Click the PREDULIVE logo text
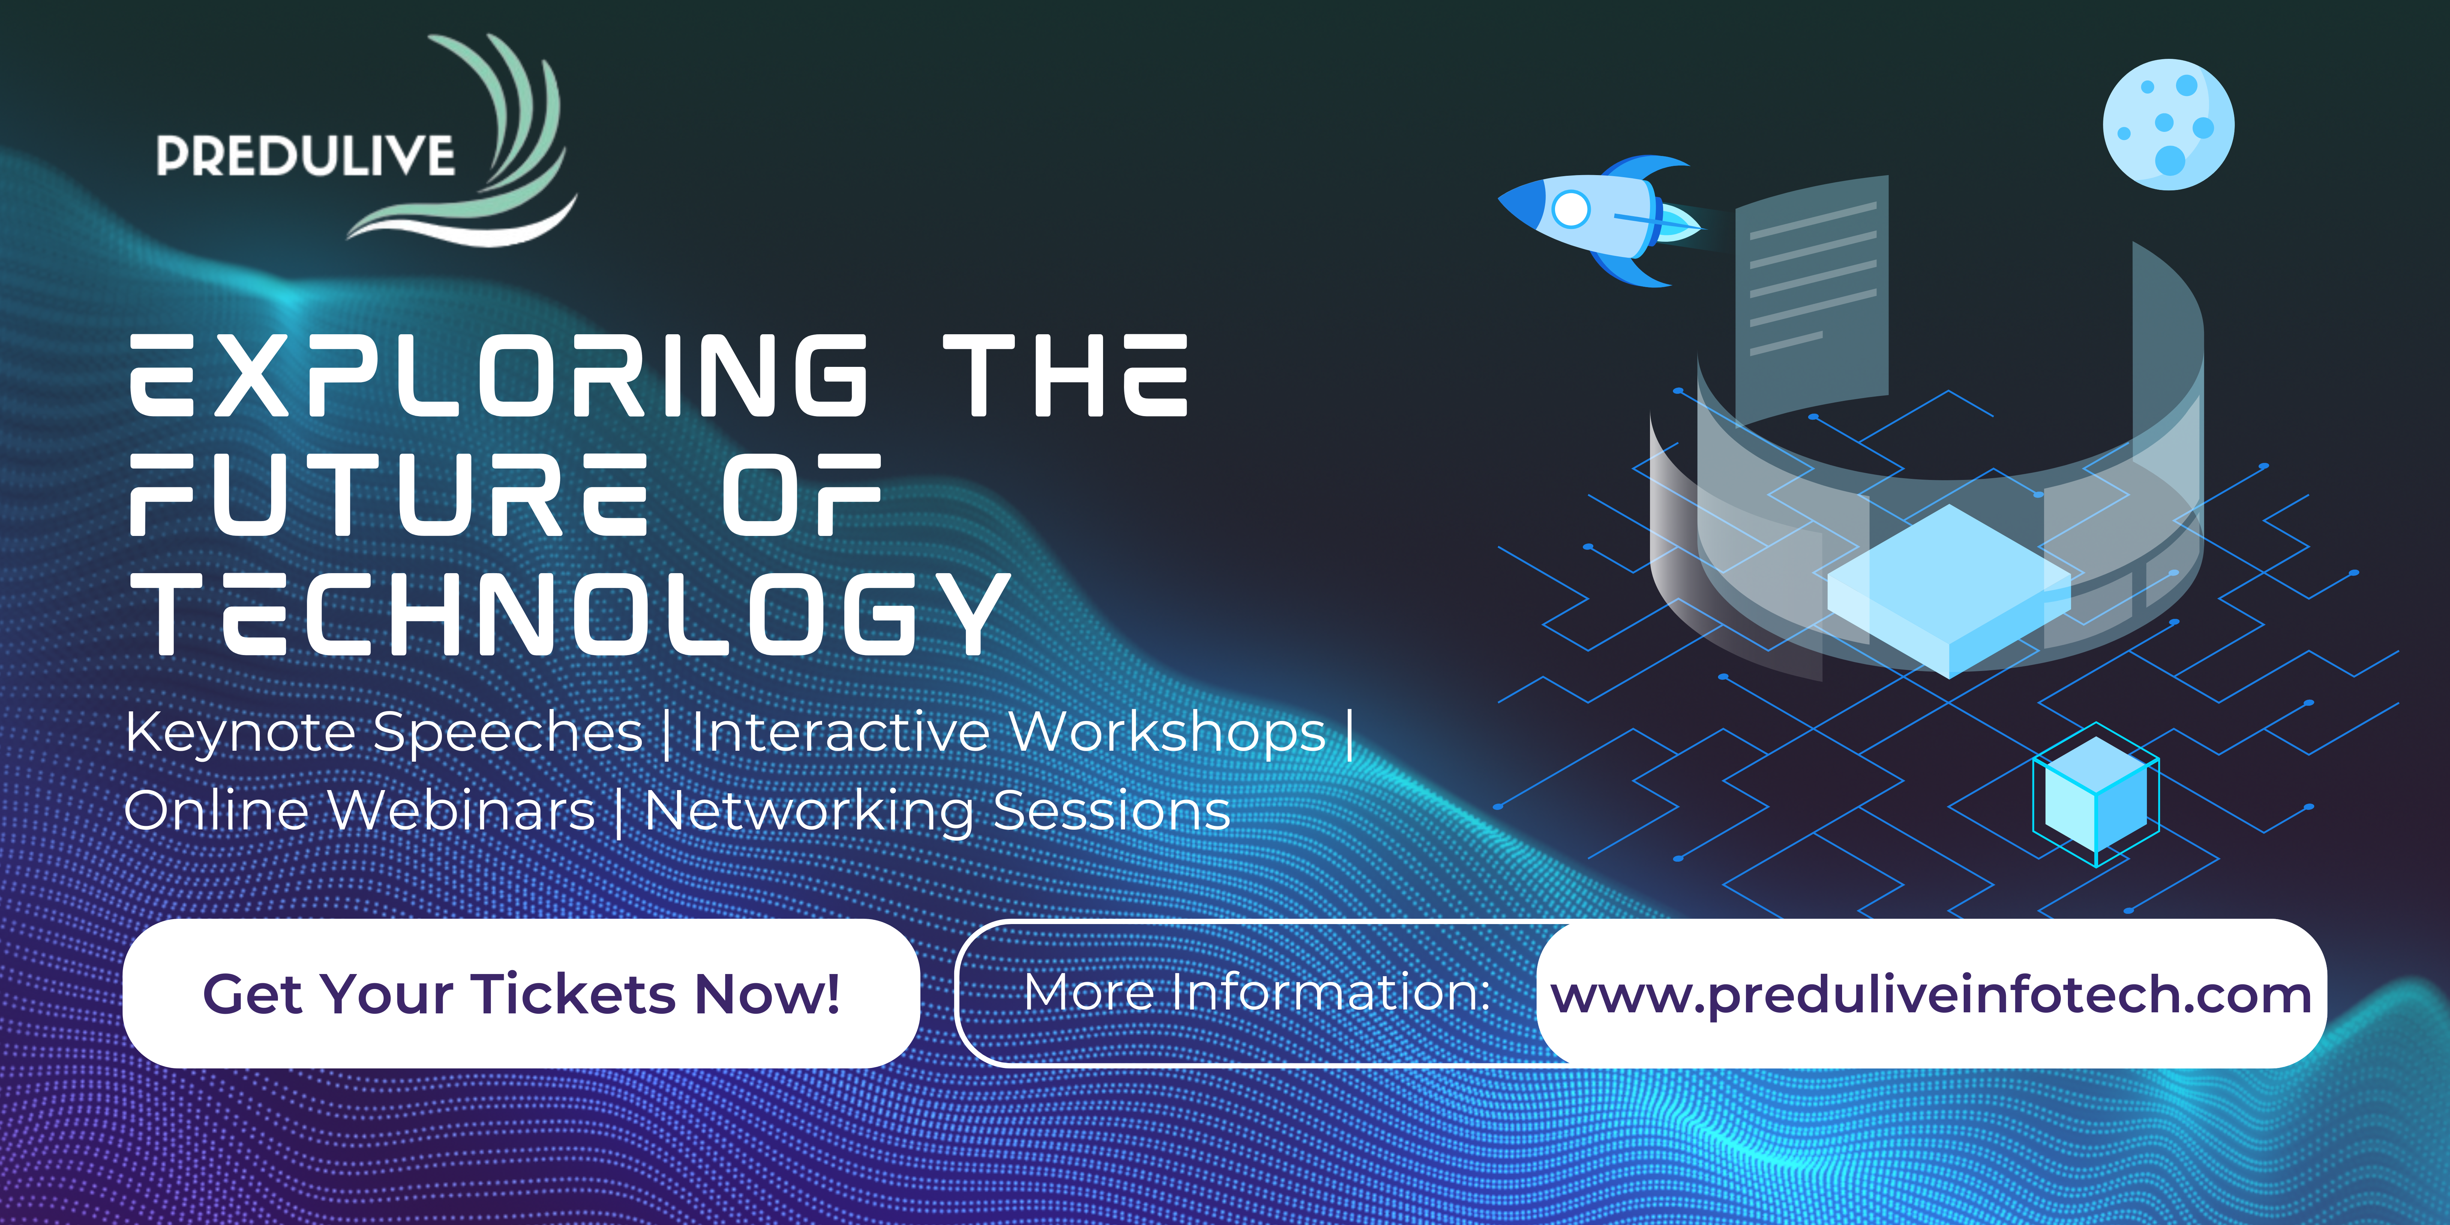(305, 156)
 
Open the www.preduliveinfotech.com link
(1931, 995)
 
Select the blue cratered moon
(2169, 125)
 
